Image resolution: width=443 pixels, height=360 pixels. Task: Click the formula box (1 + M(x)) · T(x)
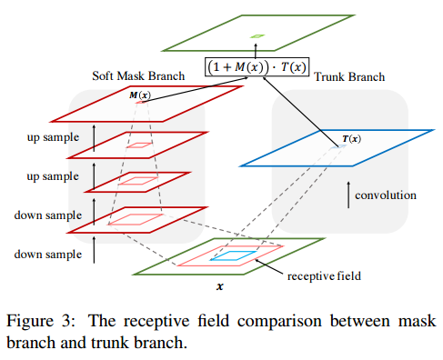[257, 66]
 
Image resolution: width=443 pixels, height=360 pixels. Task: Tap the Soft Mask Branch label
[138, 75]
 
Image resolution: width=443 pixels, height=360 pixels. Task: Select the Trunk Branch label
[349, 76]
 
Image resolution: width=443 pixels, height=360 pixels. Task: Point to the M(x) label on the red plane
[140, 95]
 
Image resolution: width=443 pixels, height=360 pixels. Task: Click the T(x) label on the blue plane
[351, 139]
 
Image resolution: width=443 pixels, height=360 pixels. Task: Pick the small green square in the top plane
[257, 36]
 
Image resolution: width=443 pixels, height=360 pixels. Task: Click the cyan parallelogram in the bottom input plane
[233, 255]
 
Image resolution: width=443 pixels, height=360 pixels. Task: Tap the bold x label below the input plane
[220, 286]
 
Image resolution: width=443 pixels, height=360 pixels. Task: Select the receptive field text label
[324, 276]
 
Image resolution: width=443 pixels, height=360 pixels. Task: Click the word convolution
[386, 195]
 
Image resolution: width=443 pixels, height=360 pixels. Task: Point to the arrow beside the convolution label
[348, 195]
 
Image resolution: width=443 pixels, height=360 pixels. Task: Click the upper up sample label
[53, 137]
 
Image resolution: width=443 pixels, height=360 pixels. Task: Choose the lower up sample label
[53, 176]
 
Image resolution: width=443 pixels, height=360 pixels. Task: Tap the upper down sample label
[48, 215]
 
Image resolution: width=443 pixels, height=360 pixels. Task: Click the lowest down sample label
[48, 255]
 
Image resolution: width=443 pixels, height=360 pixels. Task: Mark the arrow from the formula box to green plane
[256, 50]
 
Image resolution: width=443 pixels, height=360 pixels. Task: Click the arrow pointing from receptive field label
[269, 267]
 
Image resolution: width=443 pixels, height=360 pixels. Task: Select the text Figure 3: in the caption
[41, 321]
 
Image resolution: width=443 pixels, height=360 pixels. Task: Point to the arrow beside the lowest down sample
[94, 250]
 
